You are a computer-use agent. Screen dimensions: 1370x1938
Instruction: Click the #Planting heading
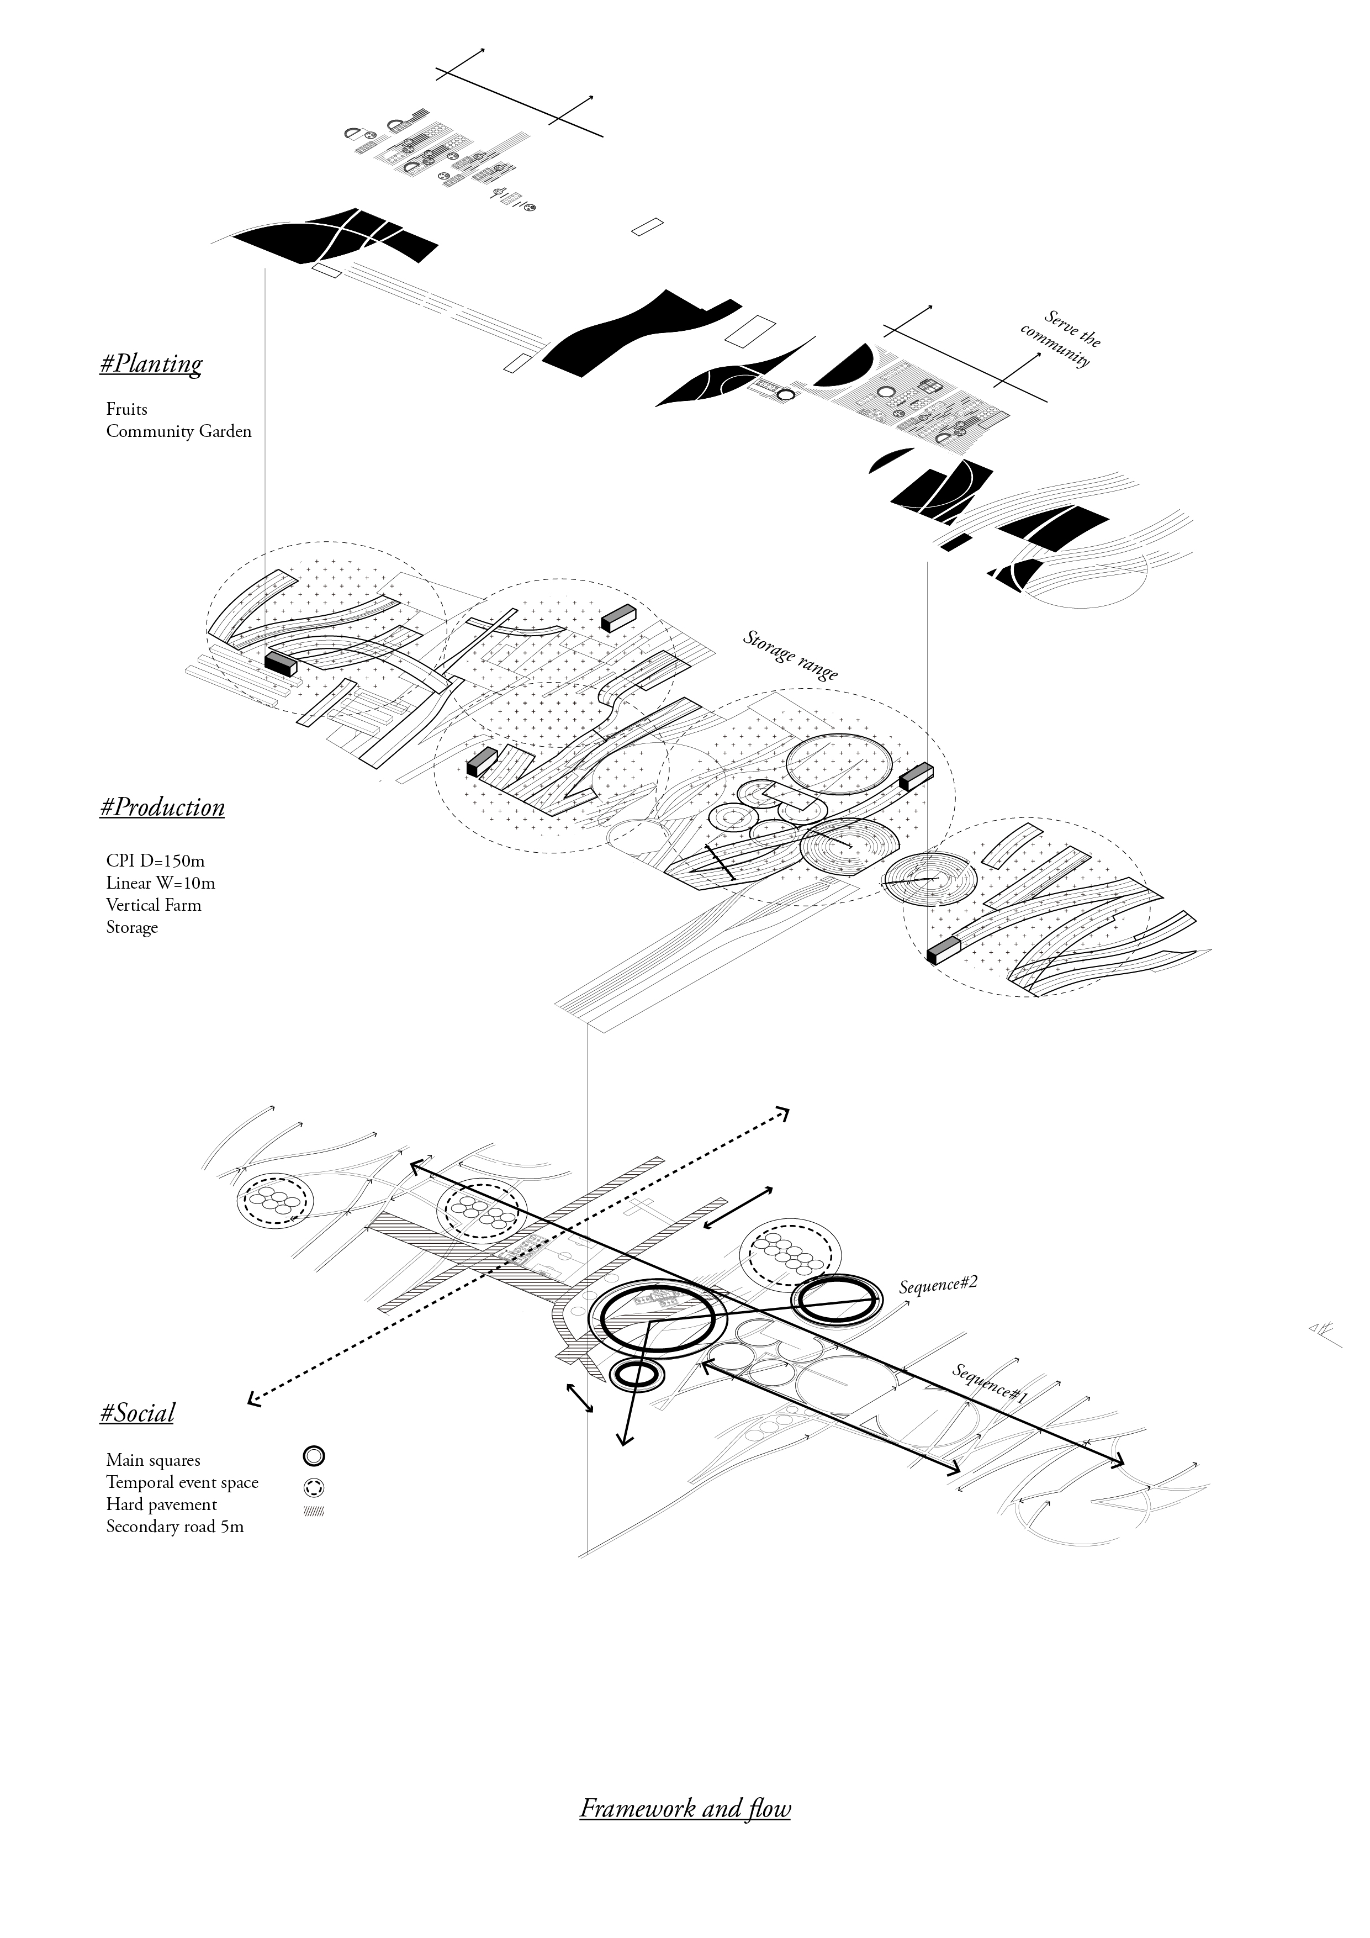(x=151, y=365)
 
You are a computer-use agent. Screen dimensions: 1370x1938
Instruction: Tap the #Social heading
(x=137, y=1413)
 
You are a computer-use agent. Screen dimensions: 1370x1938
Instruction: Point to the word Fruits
(x=126, y=409)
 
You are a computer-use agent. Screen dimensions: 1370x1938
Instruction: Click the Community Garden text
(x=179, y=431)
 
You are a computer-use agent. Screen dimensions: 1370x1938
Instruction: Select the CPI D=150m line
(x=155, y=861)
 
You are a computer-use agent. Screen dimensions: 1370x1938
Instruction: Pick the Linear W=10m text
(x=160, y=883)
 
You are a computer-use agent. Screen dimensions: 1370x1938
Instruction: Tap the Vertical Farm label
(x=154, y=905)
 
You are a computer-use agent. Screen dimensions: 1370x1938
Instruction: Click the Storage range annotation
(x=790, y=655)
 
